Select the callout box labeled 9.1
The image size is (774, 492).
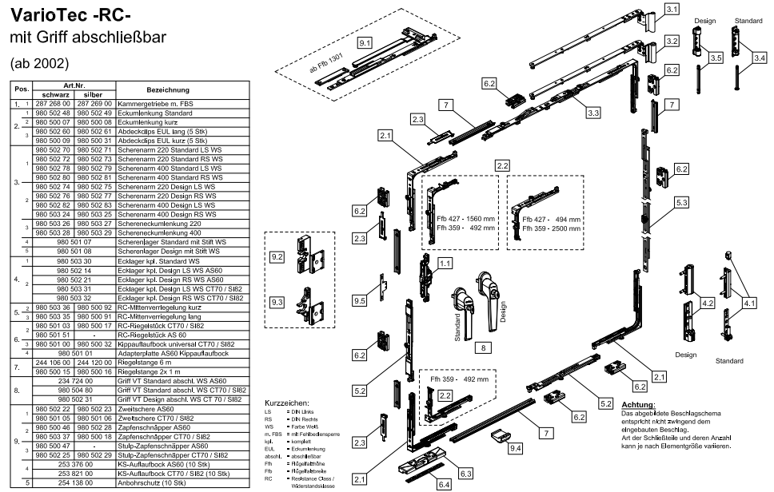click(x=365, y=41)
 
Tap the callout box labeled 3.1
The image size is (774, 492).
click(x=672, y=10)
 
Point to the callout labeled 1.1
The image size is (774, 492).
click(x=445, y=262)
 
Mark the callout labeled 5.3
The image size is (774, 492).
click(x=680, y=204)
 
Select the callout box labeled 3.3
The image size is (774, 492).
click(x=593, y=113)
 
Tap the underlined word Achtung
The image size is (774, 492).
click(x=638, y=406)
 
